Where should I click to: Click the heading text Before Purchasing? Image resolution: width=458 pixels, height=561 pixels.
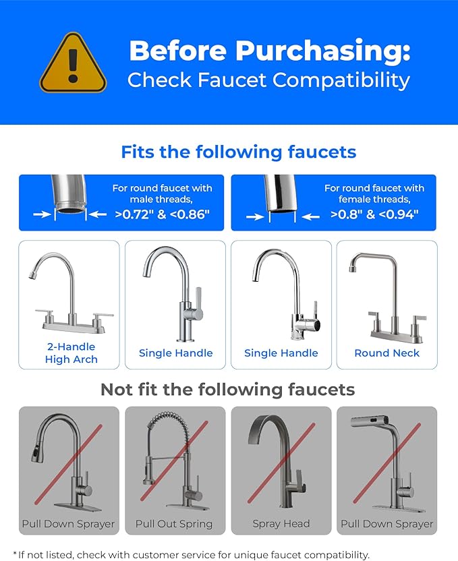pyautogui.click(x=269, y=51)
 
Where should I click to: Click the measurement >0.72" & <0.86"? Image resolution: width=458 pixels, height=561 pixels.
pyautogui.click(x=162, y=215)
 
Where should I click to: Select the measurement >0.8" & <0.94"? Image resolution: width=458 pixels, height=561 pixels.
pyautogui.click(x=374, y=215)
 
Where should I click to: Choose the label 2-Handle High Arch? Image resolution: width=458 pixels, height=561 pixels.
pyautogui.click(x=71, y=353)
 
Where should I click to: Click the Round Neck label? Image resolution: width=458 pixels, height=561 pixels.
pyautogui.click(x=387, y=353)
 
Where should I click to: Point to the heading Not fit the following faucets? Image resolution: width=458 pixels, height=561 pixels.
pyautogui.click(x=227, y=390)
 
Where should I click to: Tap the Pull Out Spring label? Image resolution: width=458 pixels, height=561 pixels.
pyautogui.click(x=174, y=524)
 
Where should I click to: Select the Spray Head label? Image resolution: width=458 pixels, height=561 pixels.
pyautogui.click(x=281, y=524)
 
